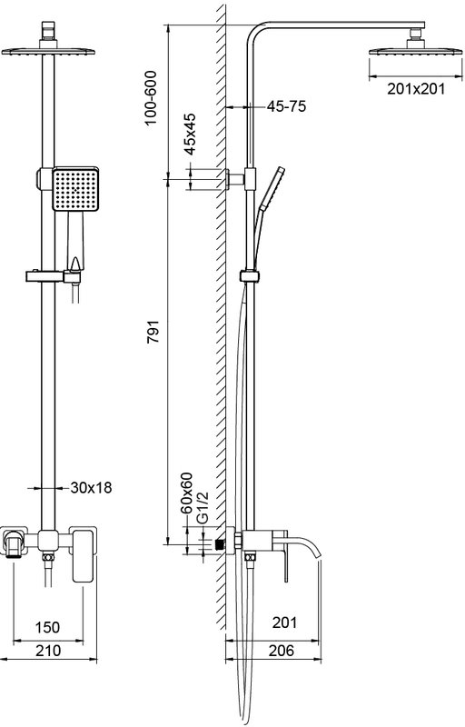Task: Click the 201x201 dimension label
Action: point(415,88)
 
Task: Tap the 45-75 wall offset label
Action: point(286,106)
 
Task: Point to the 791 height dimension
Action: point(153,331)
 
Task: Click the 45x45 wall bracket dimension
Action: point(190,134)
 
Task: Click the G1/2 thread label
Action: point(203,508)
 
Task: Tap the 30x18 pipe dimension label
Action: point(91,488)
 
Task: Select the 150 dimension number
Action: point(48,627)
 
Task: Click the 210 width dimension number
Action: point(48,651)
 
